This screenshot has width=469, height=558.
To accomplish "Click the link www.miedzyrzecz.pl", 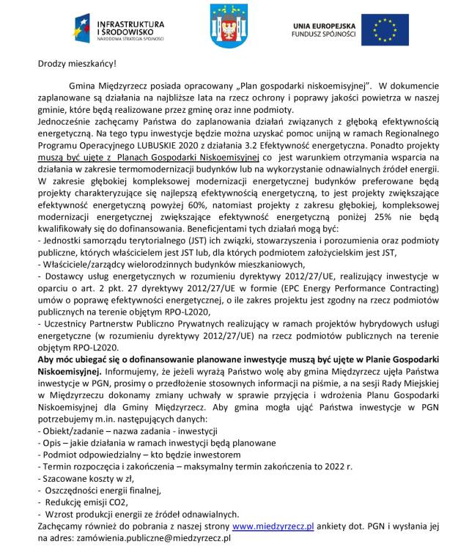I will [x=273, y=526].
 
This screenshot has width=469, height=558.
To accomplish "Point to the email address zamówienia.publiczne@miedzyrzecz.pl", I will [x=152, y=537].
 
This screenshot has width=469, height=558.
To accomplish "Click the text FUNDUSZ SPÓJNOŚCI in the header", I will [x=323, y=34].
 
